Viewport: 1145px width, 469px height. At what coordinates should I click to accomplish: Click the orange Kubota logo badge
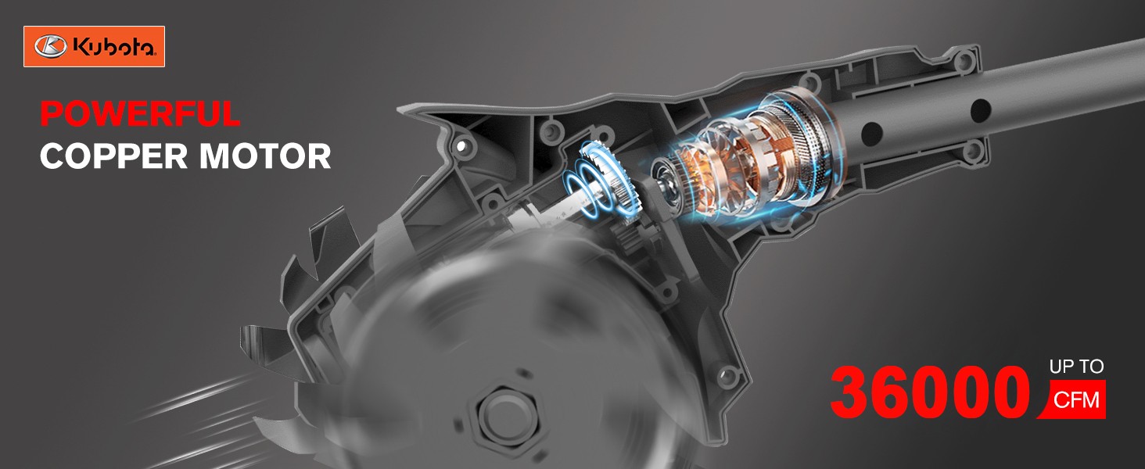pyautogui.click(x=94, y=46)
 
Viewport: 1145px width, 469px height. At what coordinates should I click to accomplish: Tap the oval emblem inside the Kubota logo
pyautogui.click(x=50, y=47)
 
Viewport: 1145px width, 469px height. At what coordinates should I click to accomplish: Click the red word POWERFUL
pyautogui.click(x=140, y=113)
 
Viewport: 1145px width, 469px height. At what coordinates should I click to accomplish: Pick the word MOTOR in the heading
pyautogui.click(x=265, y=156)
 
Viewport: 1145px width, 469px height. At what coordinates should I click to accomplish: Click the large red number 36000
pyautogui.click(x=929, y=392)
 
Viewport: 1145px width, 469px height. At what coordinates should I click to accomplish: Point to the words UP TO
pyautogui.click(x=1076, y=367)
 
